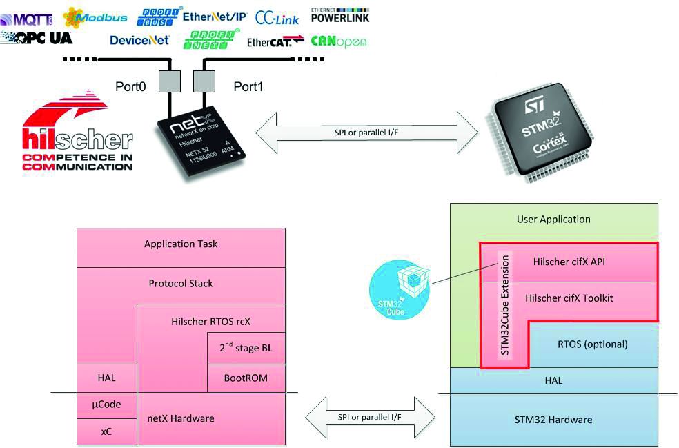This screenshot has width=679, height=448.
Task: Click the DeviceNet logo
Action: click(139, 40)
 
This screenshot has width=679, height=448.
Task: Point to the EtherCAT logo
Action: click(275, 41)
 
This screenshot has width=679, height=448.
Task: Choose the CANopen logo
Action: click(338, 41)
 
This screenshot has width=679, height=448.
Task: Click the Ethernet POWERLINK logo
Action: click(339, 14)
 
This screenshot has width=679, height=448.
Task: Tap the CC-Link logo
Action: click(277, 17)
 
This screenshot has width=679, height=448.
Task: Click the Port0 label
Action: click(131, 87)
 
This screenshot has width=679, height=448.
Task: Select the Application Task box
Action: click(181, 244)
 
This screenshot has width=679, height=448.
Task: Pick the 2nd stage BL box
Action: click(246, 348)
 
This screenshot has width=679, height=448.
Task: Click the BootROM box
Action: click(246, 378)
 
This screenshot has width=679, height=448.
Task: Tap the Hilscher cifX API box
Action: click(569, 262)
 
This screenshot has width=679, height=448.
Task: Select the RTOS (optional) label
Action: click(592, 344)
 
